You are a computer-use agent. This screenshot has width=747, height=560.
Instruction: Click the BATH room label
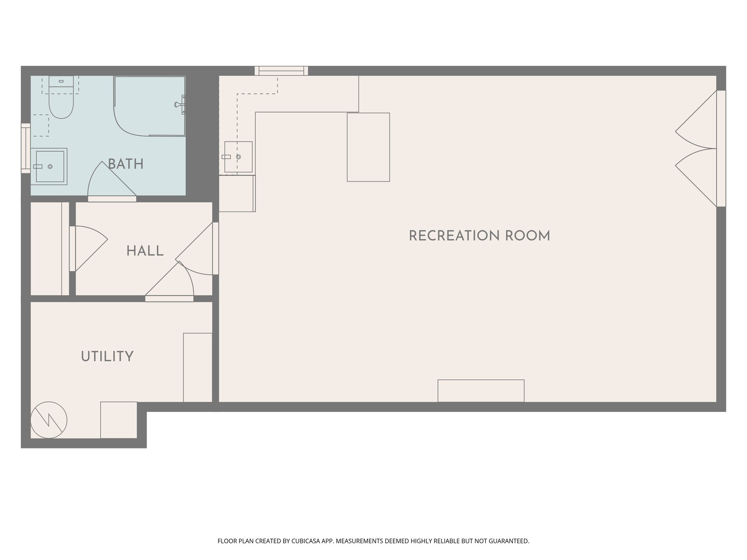[x=126, y=164]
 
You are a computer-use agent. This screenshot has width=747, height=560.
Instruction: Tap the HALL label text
[x=145, y=251]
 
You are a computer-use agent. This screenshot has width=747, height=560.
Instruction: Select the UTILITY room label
[x=107, y=357]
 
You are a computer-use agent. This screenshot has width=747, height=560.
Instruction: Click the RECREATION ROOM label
[x=479, y=236]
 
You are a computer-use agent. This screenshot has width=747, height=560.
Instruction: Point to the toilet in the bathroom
[x=61, y=98]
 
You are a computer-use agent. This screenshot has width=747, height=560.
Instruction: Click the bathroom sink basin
[x=50, y=167]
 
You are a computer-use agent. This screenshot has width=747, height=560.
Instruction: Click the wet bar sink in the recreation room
[x=238, y=157]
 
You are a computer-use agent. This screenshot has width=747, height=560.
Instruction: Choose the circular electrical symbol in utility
[x=49, y=420]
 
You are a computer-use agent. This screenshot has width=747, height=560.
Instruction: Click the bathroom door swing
[x=109, y=180]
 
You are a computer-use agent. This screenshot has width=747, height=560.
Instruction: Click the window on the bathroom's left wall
[x=26, y=148]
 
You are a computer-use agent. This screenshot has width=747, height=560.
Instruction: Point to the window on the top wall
[x=281, y=71]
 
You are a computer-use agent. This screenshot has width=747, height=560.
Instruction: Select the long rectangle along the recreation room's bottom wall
[x=481, y=391]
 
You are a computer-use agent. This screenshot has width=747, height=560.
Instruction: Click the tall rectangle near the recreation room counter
[x=368, y=147]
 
